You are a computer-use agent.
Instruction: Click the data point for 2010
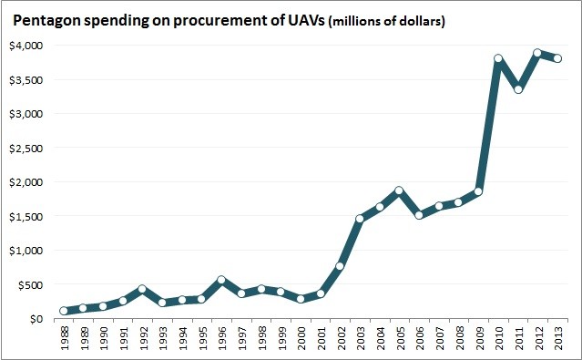[x=498, y=59]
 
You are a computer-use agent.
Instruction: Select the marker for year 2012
[x=537, y=54]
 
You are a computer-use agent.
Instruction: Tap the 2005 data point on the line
[x=399, y=191]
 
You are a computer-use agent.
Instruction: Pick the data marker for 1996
[x=221, y=281]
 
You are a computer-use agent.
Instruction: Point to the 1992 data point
[x=142, y=290]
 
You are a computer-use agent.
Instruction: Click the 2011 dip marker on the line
[x=518, y=89]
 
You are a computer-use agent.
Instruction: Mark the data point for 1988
[x=64, y=311]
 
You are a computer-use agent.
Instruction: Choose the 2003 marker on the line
[x=360, y=219]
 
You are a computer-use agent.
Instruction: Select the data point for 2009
[x=478, y=192]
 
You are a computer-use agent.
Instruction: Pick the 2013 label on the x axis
[x=557, y=338]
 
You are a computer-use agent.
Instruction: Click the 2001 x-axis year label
[x=321, y=338]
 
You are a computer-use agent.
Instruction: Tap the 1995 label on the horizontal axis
[x=202, y=338]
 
